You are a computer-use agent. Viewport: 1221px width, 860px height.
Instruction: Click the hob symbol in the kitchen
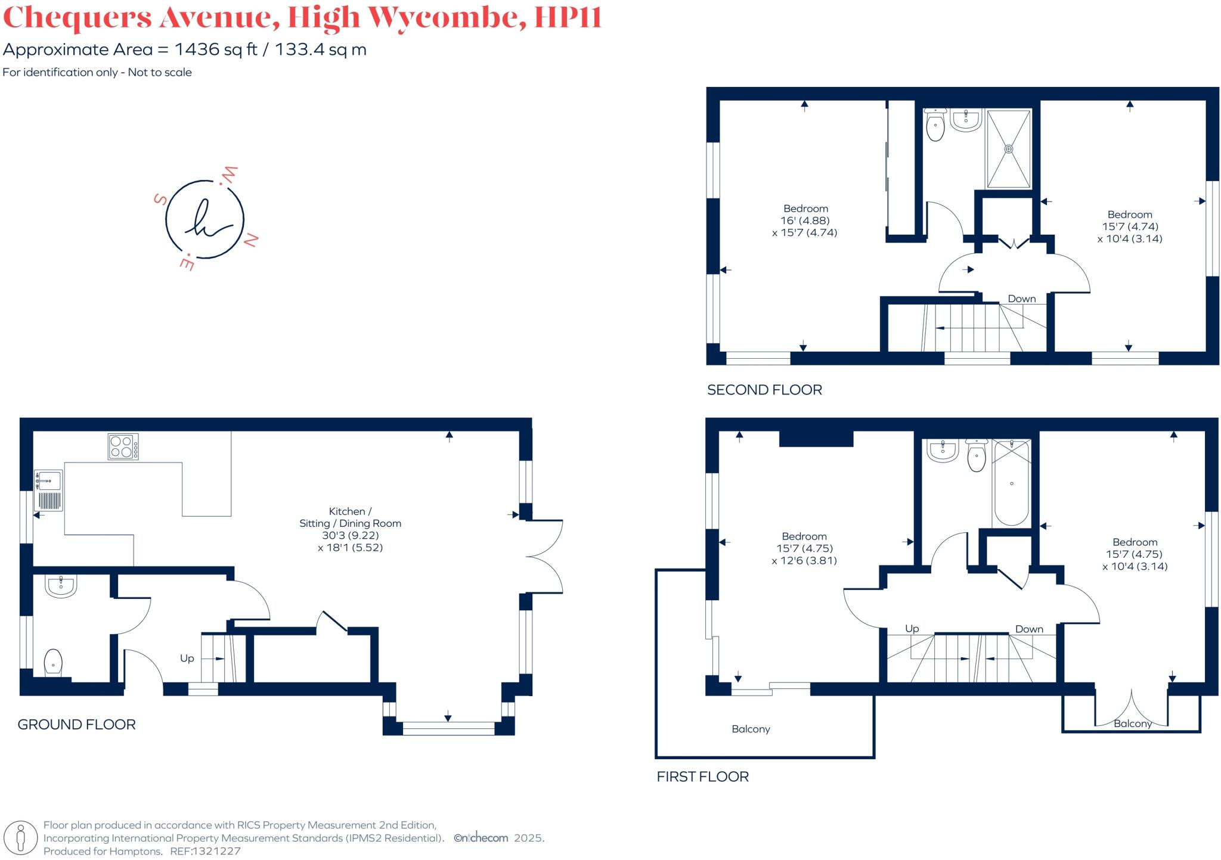click(x=123, y=446)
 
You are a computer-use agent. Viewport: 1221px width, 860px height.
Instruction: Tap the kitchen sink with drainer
click(x=49, y=491)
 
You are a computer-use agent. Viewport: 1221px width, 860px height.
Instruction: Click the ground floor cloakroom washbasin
click(x=61, y=586)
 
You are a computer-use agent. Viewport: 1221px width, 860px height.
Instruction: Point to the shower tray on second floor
click(x=1008, y=148)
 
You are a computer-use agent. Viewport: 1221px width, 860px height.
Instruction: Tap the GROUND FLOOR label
click(x=76, y=725)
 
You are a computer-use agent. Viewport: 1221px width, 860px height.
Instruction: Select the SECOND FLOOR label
click(x=764, y=390)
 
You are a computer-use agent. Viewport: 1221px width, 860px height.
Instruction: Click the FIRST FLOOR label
click(x=702, y=777)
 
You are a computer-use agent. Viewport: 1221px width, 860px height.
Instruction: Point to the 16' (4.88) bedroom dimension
click(x=805, y=221)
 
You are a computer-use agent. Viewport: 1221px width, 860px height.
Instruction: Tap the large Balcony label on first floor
click(x=751, y=729)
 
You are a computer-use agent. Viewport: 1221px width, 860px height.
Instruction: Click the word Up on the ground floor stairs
click(x=187, y=658)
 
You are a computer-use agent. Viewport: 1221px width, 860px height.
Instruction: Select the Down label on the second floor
click(x=1021, y=299)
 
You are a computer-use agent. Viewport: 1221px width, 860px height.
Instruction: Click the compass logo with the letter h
click(x=204, y=219)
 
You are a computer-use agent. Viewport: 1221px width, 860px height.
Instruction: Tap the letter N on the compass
click(x=251, y=240)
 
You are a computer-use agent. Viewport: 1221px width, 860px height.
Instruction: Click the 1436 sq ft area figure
click(x=215, y=49)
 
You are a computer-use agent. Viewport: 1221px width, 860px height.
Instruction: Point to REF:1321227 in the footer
click(x=205, y=851)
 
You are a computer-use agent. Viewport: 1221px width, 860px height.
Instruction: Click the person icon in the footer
click(x=21, y=837)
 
